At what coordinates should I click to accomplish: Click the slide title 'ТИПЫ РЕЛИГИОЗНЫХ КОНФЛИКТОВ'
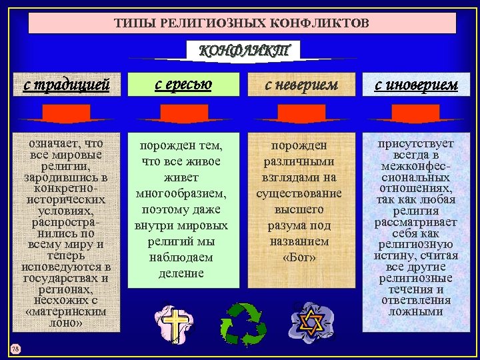[x=241, y=23]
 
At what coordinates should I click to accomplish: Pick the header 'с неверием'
[x=301, y=85]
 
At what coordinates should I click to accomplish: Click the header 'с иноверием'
[x=416, y=85]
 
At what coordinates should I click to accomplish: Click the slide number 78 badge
[x=15, y=349]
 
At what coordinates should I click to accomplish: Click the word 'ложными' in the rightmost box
[x=416, y=311]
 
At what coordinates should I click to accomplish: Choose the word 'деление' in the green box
[x=181, y=273]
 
